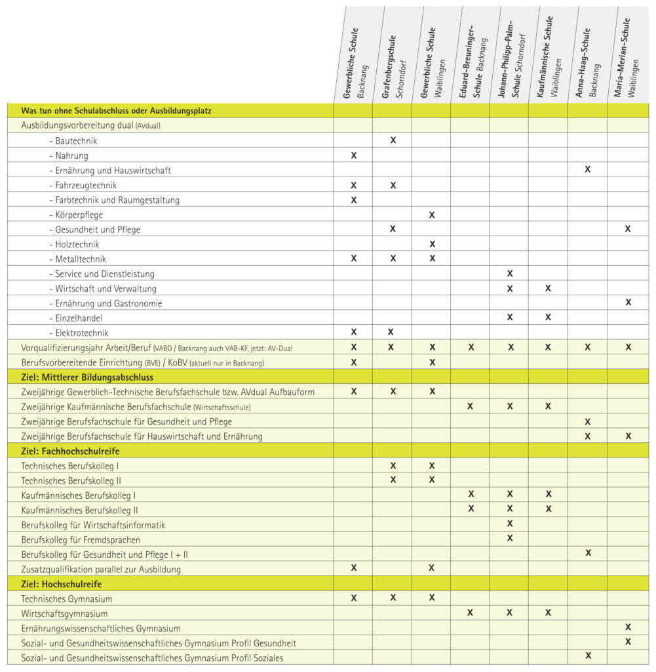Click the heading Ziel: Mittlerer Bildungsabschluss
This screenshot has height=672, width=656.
pyautogui.click(x=87, y=377)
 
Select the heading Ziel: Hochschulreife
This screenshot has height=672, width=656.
pyautogui.click(x=62, y=583)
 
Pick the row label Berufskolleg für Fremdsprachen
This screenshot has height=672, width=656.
pyautogui.click(x=81, y=539)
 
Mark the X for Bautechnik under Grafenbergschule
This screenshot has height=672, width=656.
pyautogui.click(x=393, y=140)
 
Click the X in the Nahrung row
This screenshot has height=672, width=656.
pyautogui.click(x=354, y=156)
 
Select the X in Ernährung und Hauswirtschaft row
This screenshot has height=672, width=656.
pyautogui.click(x=588, y=170)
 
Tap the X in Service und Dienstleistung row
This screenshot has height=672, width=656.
pyautogui.click(x=510, y=274)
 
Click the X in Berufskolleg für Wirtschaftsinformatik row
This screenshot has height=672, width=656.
pyautogui.click(x=510, y=524)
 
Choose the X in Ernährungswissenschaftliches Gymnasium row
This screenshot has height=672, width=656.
pyautogui.click(x=628, y=628)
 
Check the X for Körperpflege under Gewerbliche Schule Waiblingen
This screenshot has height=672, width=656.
pyautogui.click(x=432, y=215)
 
